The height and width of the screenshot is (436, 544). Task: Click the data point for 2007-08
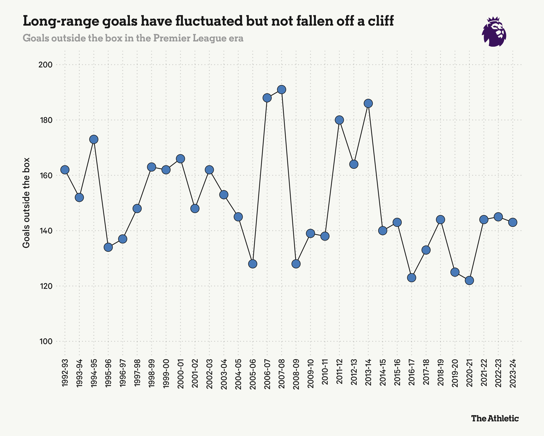(282, 90)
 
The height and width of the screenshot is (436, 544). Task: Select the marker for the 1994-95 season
(94, 139)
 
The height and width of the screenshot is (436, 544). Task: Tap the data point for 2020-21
(469, 280)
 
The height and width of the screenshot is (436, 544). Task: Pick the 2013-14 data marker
(368, 103)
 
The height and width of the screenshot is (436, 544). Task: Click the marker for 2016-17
(411, 278)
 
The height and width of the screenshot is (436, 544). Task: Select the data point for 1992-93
(65, 170)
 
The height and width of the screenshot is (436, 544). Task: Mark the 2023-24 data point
(513, 222)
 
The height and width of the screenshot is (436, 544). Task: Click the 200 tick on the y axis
(45, 65)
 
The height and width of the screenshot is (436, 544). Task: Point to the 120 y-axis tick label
(45, 286)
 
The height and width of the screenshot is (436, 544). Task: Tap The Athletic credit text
(495, 419)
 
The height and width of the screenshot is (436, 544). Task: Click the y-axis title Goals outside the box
(26, 203)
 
